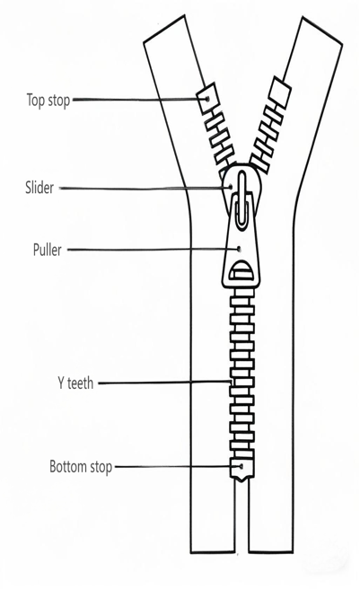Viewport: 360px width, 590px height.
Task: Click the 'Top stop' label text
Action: pos(48,101)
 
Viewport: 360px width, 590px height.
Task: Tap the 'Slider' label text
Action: pos(40,188)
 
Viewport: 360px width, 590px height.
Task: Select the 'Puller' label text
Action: pos(47,250)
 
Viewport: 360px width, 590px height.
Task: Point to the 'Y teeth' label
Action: pos(75,383)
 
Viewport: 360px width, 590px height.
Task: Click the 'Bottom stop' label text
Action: pos(81,467)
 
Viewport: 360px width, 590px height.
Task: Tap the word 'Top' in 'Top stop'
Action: pos(35,101)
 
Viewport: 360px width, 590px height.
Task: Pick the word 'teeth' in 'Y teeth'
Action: pos(80,383)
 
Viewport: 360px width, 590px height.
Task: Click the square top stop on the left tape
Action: pos(206,98)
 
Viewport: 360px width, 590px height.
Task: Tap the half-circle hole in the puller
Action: pos(241,271)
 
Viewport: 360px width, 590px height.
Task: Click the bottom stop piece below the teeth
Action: pos(241,470)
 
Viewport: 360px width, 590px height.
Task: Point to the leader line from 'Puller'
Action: pos(153,249)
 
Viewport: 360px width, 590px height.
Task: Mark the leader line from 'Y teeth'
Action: pos(164,383)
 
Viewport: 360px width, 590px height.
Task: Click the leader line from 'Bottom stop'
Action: pos(178,467)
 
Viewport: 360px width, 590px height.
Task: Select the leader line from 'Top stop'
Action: pos(139,100)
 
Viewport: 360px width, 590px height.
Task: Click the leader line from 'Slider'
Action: pos(145,188)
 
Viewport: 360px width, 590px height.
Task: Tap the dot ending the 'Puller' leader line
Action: pos(239,249)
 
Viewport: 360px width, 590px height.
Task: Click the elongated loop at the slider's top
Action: pos(242,198)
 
